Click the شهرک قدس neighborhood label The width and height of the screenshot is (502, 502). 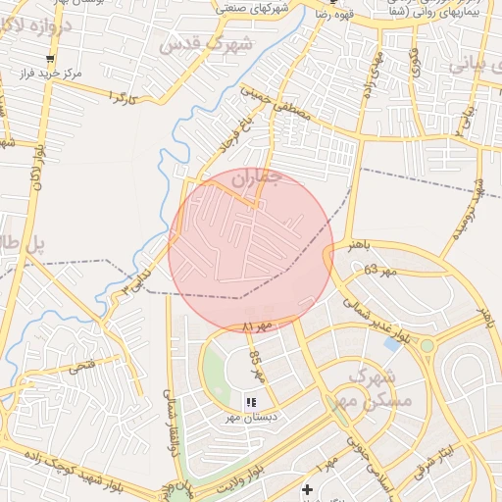click(x=206, y=45)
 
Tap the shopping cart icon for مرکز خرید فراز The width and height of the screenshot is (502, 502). click(x=49, y=57)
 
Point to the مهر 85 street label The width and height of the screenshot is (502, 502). click(x=257, y=367)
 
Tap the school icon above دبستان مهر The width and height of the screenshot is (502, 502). click(x=251, y=401)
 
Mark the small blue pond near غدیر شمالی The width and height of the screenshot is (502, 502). click(x=393, y=343)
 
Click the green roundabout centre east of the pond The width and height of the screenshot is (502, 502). click(x=427, y=345)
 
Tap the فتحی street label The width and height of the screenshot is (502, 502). click(x=80, y=368)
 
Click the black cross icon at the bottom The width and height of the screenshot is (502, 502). click(x=308, y=488)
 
